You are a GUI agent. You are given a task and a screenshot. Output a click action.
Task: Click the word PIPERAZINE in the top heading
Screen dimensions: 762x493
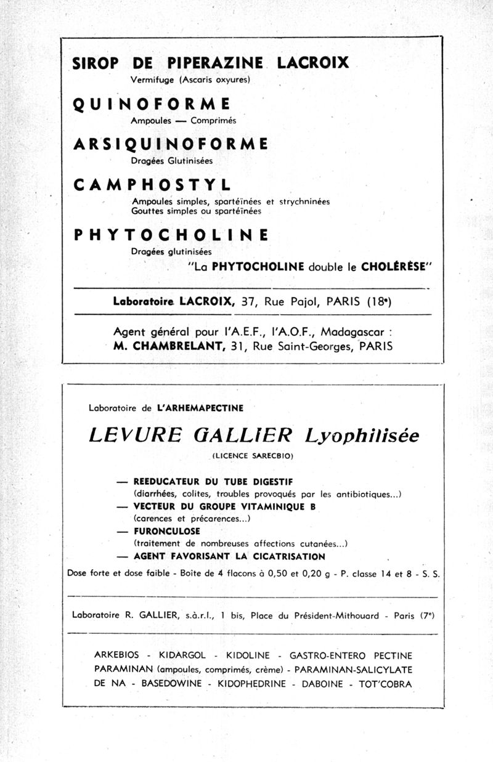click(215, 63)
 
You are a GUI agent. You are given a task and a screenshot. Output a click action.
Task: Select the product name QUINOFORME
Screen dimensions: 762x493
click(152, 103)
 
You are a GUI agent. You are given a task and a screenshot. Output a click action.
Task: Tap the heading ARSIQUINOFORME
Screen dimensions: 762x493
click(170, 144)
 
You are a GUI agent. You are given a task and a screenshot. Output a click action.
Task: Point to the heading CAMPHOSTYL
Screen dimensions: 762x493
click(152, 185)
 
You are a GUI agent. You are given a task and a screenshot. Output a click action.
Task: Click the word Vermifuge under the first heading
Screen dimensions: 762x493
click(153, 79)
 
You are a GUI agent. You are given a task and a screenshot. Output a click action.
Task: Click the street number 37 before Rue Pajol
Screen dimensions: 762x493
click(248, 302)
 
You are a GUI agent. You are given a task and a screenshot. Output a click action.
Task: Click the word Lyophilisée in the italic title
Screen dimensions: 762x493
click(362, 436)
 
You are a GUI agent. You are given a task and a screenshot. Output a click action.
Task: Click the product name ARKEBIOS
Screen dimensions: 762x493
click(115, 655)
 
